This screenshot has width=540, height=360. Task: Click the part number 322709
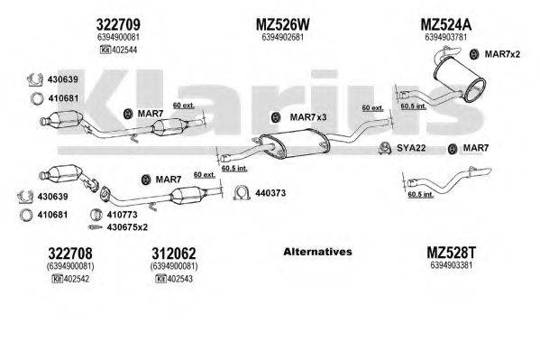pyautogui.click(x=118, y=24)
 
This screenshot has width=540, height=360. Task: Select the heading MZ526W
pyautogui.click(x=282, y=24)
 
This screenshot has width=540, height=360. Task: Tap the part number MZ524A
pyautogui.click(x=445, y=24)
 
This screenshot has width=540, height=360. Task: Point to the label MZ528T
pyautogui.click(x=451, y=253)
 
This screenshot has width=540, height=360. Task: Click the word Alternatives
pyautogui.click(x=317, y=252)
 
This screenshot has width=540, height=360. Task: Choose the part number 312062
pyautogui.click(x=174, y=254)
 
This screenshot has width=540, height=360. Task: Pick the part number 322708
pyautogui.click(x=70, y=254)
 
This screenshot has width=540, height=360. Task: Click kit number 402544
pyautogui.click(x=124, y=50)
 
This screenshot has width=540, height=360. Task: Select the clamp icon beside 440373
pyautogui.click(x=242, y=193)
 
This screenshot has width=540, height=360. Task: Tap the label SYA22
pyautogui.click(x=411, y=148)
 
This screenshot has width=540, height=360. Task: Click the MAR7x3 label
pyautogui.click(x=308, y=117)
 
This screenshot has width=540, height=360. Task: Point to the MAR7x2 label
pyautogui.click(x=502, y=54)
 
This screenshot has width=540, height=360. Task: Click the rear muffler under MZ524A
pyautogui.click(x=460, y=78)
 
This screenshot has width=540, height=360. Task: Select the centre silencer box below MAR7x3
pyautogui.click(x=295, y=143)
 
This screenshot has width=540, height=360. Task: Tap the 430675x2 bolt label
pyautogui.click(x=127, y=227)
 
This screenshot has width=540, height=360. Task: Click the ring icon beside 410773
pyautogui.click(x=96, y=215)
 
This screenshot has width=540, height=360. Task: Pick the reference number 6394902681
pyautogui.click(x=282, y=37)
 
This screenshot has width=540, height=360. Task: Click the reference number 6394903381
pyautogui.click(x=451, y=265)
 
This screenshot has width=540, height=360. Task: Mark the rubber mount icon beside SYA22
pyautogui.click(x=384, y=148)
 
